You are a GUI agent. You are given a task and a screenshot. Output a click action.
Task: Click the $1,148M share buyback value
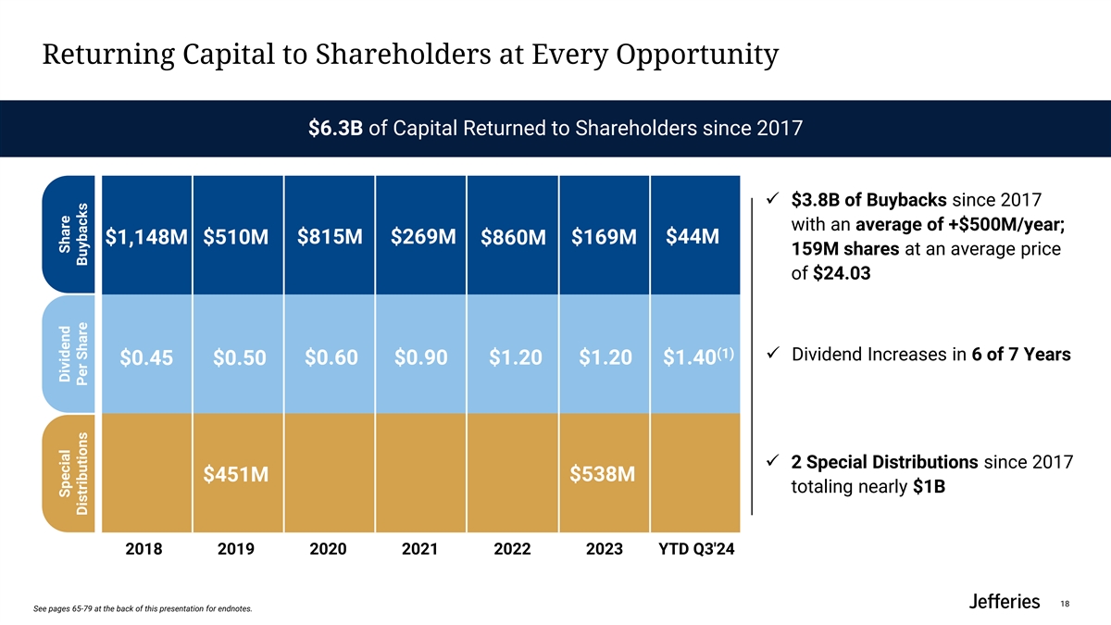(x=146, y=239)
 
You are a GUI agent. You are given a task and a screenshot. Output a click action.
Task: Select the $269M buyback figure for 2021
(x=423, y=236)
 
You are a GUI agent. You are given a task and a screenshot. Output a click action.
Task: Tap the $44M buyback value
(x=693, y=236)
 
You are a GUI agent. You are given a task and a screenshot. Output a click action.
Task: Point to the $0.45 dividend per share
(x=146, y=357)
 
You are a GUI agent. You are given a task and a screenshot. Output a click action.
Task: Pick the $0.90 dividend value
(x=421, y=357)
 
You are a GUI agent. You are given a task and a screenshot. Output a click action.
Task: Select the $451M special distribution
(x=236, y=475)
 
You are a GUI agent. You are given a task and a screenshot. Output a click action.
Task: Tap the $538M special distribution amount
(x=603, y=474)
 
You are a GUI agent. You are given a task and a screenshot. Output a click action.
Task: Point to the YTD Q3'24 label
(x=696, y=549)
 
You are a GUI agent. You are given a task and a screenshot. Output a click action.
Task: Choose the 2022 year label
(x=512, y=549)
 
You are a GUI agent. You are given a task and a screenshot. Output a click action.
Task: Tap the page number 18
(x=1065, y=604)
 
